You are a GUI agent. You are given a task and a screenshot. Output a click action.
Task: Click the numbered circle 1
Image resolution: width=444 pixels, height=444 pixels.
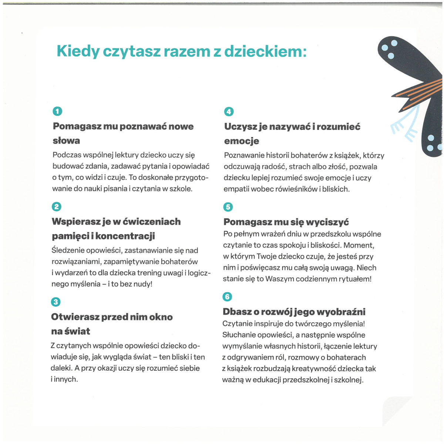point(57,111)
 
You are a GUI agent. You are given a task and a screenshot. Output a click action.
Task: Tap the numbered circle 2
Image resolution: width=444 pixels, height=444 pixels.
point(56,206)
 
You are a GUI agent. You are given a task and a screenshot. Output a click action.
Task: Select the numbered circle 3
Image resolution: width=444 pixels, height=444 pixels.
point(55,302)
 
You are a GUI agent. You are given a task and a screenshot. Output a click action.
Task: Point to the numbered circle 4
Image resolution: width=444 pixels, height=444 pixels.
point(229,111)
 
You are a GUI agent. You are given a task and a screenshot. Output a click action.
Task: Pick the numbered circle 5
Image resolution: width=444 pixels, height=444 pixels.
point(228,207)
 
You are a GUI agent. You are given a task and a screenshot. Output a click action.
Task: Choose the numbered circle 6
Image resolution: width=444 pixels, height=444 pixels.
point(227,296)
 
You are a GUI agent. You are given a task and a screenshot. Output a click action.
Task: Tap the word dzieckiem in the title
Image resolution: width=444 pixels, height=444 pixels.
point(265,51)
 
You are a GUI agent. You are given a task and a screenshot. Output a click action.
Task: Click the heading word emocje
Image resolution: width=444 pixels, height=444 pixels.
point(241,141)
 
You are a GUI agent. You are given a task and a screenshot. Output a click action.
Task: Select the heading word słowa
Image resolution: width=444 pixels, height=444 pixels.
point(66,141)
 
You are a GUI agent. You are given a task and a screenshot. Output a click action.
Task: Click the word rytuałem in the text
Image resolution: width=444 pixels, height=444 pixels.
point(354,279)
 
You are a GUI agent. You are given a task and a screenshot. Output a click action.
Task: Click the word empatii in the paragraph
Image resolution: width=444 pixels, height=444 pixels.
point(236,189)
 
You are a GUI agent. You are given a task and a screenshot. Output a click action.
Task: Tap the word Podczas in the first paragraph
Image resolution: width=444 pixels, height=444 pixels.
point(66,155)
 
